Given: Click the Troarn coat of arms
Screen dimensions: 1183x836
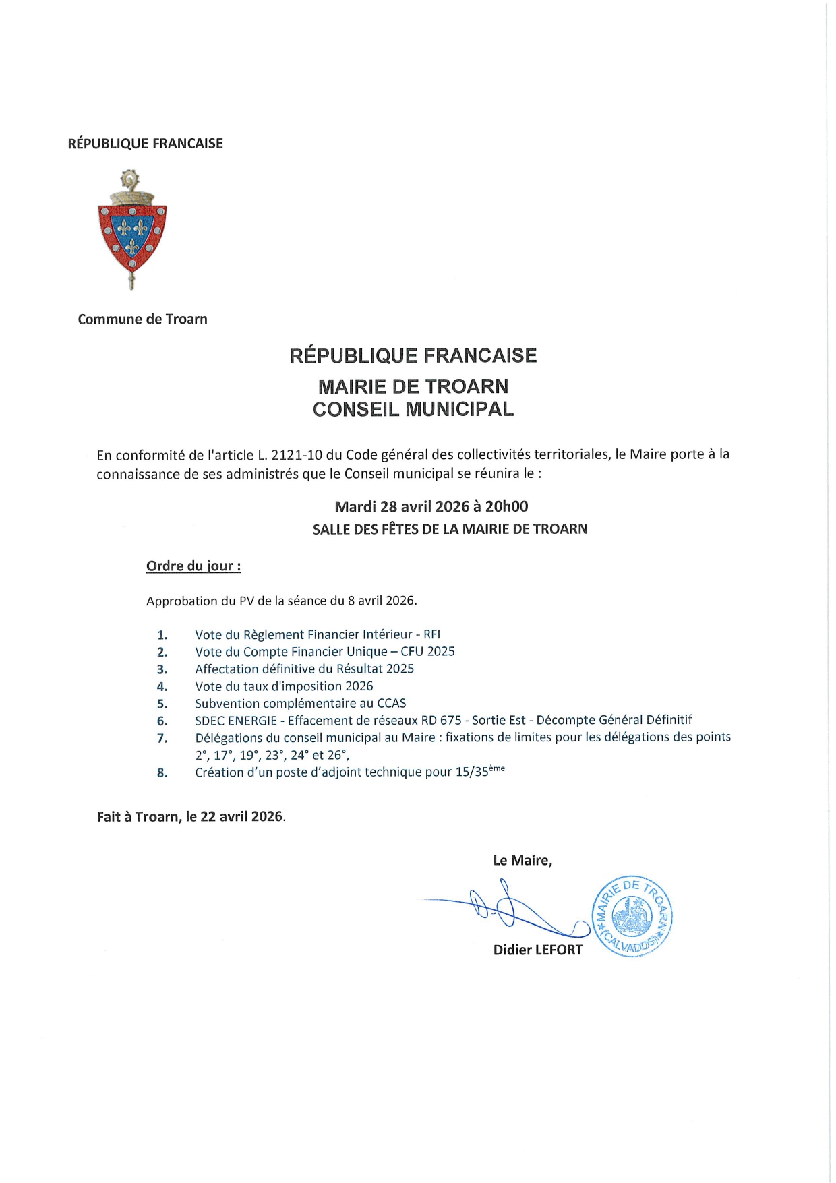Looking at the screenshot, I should [132, 230].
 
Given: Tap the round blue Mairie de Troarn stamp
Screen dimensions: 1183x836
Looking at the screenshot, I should [632, 917].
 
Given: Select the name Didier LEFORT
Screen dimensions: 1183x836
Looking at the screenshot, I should [537, 950].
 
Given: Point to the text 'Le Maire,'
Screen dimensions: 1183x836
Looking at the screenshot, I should [522, 860].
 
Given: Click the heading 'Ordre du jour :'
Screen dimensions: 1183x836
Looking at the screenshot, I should [193, 566].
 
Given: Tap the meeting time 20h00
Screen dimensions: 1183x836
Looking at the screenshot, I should [506, 506].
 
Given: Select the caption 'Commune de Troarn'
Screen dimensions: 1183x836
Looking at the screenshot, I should [142, 319].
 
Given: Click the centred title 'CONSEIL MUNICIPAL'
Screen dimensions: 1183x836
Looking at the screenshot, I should [413, 409].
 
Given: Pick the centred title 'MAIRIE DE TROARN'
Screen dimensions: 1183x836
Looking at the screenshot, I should [413, 386].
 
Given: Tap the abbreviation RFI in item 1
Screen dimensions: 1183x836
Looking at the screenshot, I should [431, 634].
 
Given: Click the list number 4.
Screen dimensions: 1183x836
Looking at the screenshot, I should [162, 687].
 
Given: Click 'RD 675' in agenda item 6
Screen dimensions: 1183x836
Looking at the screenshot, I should [441, 720].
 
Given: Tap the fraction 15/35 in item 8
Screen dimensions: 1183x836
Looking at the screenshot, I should [471, 772].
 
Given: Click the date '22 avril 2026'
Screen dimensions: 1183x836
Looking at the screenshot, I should [241, 816].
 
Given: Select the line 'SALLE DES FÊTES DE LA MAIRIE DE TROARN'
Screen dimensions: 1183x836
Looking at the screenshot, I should [450, 529].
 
